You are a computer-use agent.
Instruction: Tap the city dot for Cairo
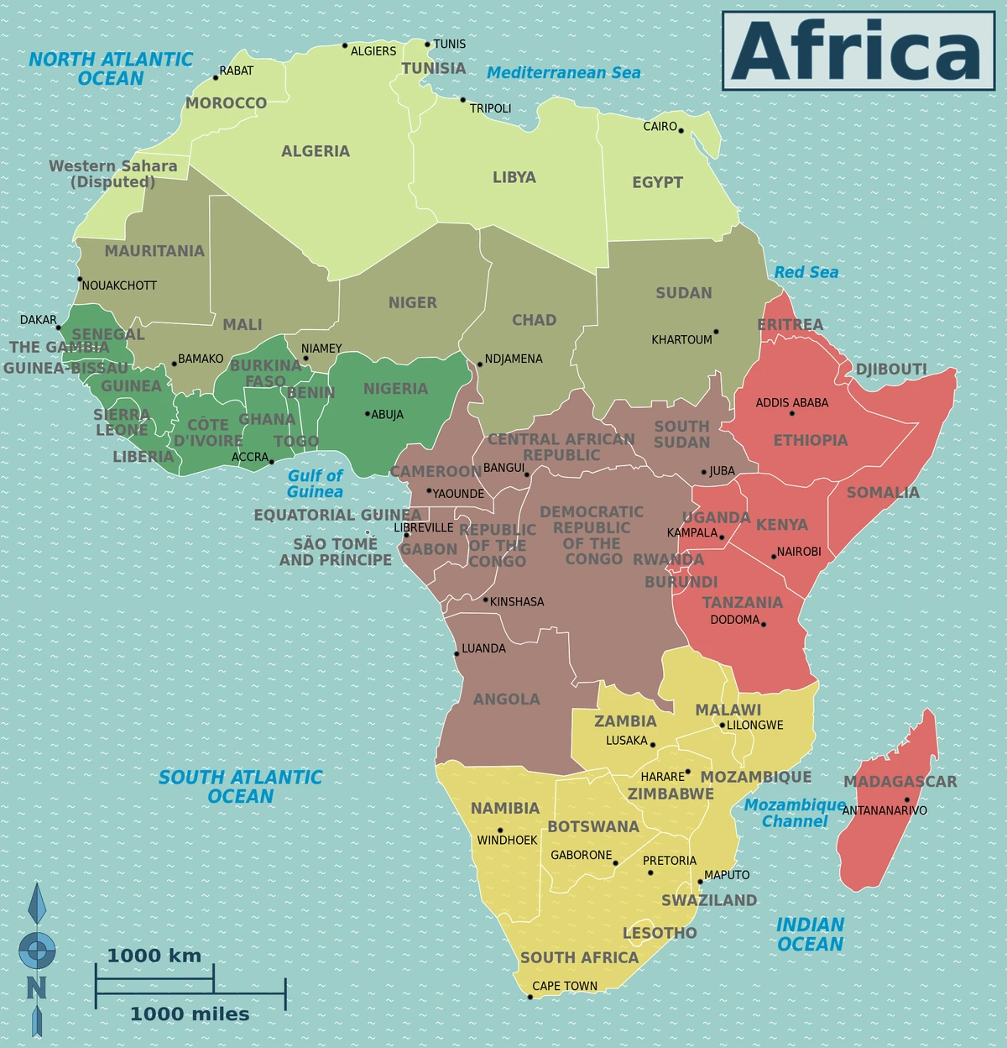click(x=681, y=130)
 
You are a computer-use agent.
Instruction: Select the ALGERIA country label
click(x=316, y=151)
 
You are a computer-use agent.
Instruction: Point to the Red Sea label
click(x=806, y=272)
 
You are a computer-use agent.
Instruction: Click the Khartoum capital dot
click(x=716, y=332)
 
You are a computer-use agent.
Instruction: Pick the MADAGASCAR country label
click(x=900, y=781)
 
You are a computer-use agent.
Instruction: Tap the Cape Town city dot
click(x=530, y=997)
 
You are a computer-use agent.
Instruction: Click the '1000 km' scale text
click(x=154, y=956)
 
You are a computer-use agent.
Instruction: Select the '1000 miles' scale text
click(x=190, y=1014)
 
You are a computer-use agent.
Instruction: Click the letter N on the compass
click(x=36, y=988)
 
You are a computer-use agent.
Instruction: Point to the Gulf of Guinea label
click(x=315, y=484)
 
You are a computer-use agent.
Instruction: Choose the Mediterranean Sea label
click(x=563, y=73)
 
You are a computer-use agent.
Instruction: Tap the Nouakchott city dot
click(x=80, y=279)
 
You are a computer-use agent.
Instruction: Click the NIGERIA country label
click(x=395, y=389)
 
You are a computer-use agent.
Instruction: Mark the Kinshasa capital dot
click(x=485, y=600)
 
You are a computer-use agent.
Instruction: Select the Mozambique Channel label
click(x=795, y=813)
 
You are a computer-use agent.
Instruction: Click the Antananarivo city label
click(x=884, y=810)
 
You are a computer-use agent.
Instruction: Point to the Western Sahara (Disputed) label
click(x=113, y=174)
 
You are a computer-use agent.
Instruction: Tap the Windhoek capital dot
click(x=500, y=831)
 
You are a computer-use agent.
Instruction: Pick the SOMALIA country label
click(x=883, y=492)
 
